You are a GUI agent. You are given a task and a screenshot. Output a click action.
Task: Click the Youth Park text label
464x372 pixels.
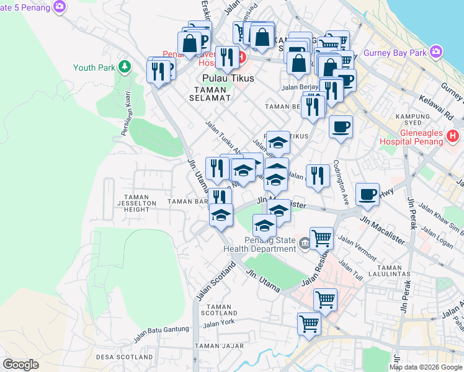[95, 68]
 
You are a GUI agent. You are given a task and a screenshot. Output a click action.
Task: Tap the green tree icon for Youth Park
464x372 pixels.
[125, 66]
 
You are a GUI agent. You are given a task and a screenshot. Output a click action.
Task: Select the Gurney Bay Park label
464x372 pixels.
[395, 53]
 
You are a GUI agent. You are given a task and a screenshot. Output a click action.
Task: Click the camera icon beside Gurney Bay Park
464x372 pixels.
[436, 51]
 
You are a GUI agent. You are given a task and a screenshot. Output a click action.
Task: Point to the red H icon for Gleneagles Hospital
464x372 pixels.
[453, 135]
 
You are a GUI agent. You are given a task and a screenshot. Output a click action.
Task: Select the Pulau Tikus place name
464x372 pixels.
[225, 79]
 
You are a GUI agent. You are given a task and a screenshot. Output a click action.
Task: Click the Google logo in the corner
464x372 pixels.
[21, 365]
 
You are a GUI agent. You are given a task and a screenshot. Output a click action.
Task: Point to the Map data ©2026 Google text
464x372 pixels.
[426, 367]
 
